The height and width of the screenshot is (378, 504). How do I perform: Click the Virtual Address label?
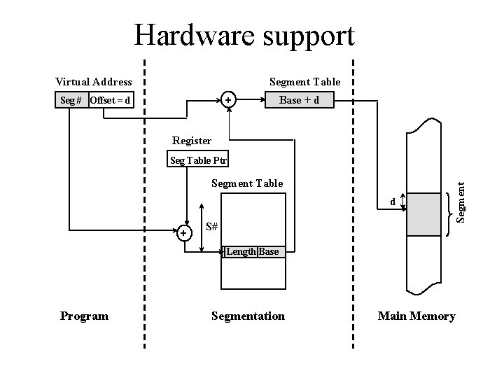[94, 83]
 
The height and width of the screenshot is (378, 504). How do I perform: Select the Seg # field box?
[71, 101]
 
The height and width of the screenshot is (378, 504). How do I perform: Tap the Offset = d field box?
[110, 101]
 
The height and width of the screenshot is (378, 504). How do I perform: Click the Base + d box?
[299, 101]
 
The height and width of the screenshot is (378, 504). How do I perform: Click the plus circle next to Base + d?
[228, 101]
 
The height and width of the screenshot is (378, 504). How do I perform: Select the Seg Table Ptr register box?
[199, 160]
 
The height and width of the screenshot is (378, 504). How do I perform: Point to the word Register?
[192, 141]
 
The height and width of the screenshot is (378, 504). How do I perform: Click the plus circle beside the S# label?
[183, 233]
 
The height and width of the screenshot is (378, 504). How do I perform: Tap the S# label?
[212, 227]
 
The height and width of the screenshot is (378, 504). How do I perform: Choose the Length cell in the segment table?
[240, 252]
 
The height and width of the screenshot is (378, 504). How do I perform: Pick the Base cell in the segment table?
[269, 252]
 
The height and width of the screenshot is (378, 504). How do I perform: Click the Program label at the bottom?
[84, 316]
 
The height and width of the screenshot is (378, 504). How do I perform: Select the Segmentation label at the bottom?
[248, 316]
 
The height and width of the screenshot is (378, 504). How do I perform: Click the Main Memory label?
[416, 316]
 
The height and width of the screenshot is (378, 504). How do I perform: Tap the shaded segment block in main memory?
[424, 213]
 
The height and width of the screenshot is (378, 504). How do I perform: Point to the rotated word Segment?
[461, 202]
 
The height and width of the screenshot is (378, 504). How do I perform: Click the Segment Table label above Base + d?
[305, 83]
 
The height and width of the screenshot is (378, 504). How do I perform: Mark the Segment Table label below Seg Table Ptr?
[247, 183]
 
